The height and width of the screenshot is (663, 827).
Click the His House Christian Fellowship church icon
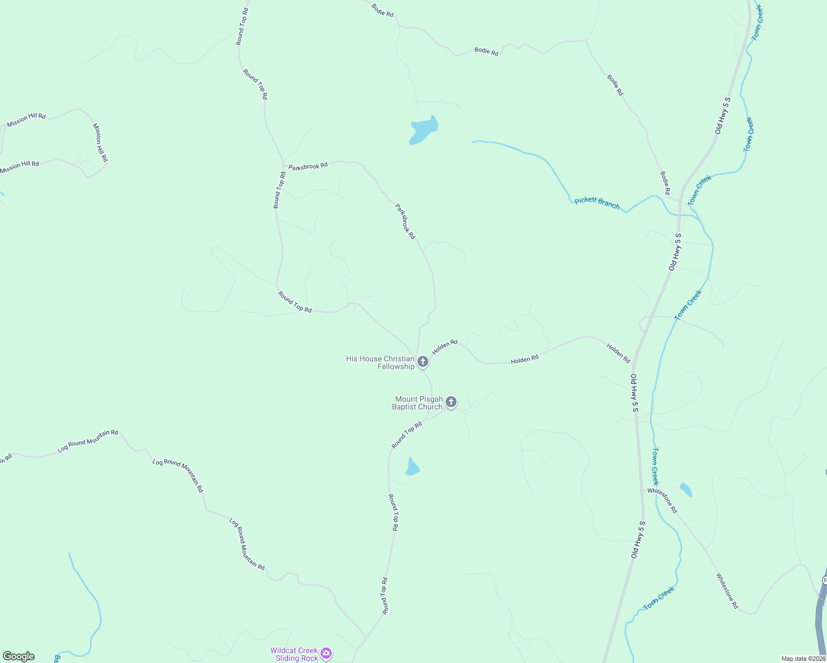click(423, 362)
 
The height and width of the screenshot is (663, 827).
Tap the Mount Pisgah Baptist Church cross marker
click(451, 402)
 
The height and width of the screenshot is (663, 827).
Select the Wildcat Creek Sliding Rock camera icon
click(326, 654)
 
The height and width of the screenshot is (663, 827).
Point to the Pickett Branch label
click(597, 203)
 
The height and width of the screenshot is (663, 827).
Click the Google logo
click(19, 656)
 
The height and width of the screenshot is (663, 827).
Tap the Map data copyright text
click(803, 659)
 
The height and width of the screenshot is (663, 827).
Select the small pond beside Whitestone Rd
click(686, 490)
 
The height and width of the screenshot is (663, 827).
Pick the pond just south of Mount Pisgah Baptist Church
click(412, 467)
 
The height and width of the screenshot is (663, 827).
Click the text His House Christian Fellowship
click(380, 362)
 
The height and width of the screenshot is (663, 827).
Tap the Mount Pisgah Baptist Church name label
click(418, 403)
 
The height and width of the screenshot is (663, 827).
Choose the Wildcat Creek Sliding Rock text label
click(294, 654)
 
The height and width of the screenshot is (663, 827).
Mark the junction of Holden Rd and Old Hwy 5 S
click(634, 364)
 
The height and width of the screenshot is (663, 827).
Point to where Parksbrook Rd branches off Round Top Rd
click(284, 165)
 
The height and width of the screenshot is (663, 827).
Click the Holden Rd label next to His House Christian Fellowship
click(445, 347)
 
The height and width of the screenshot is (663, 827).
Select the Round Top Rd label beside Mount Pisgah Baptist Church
click(407, 435)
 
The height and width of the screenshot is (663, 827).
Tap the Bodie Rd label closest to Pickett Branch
click(665, 183)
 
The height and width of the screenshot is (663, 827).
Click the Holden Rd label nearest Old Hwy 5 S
click(618, 353)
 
